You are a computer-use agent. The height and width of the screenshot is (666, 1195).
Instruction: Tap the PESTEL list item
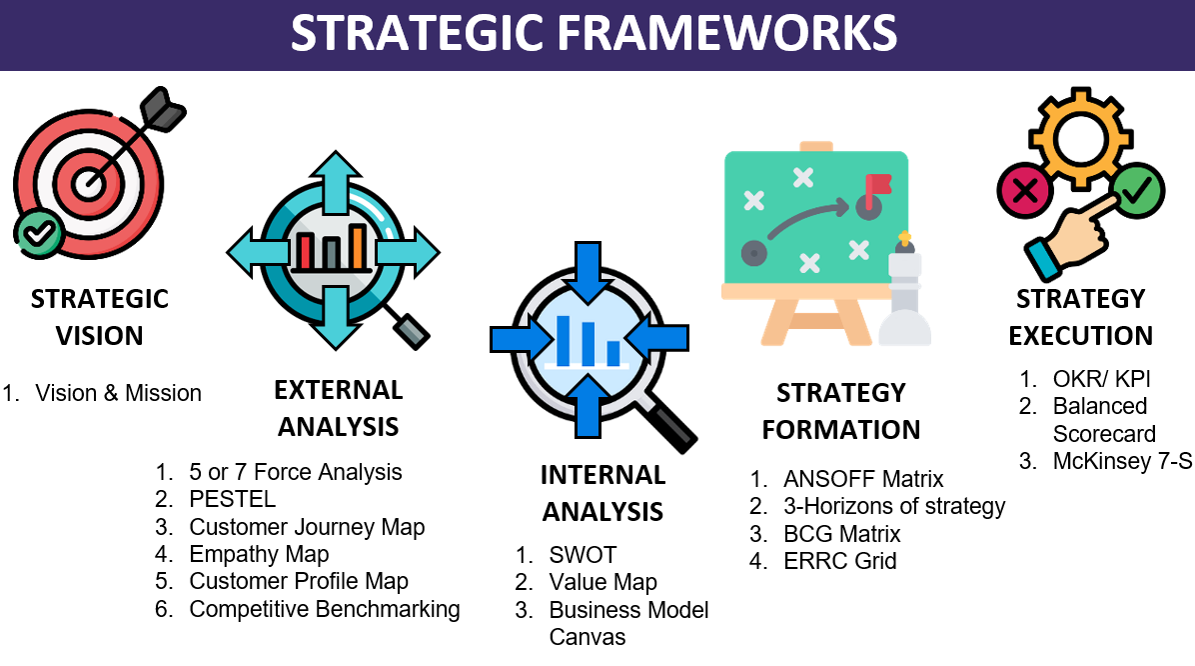pyautogui.click(x=233, y=499)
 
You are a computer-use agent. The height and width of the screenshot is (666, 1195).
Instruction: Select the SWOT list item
pyautogui.click(x=583, y=555)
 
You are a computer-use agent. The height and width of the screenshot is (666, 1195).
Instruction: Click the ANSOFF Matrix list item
pyautogui.click(x=863, y=479)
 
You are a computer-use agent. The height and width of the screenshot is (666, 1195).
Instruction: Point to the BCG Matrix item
pyautogui.click(x=842, y=534)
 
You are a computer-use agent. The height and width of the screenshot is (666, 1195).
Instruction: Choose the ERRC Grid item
pyautogui.click(x=839, y=561)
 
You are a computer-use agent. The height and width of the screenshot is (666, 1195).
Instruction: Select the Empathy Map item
pyautogui.click(x=259, y=554)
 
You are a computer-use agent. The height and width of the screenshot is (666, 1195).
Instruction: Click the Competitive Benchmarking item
pyautogui.click(x=324, y=609)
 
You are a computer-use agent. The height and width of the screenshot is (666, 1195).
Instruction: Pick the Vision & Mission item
pyautogui.click(x=118, y=393)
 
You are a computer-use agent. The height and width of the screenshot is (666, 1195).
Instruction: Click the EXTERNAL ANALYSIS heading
pyautogui.click(x=339, y=408)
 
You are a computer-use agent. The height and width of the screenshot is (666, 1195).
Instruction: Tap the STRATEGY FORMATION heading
pyautogui.click(x=841, y=410)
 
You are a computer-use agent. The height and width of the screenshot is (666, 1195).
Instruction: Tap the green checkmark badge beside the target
pyautogui.click(x=39, y=233)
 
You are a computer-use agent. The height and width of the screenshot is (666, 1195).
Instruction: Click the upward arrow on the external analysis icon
pyautogui.click(x=334, y=179)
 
